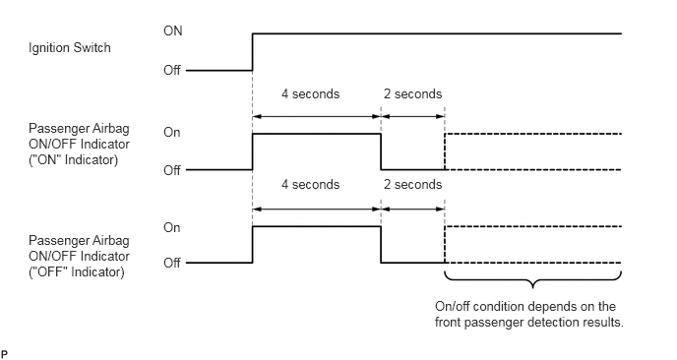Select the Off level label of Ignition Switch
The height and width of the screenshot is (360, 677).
tap(173, 71)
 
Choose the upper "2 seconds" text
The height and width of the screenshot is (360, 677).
tap(412, 95)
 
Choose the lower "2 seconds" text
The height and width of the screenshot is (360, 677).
tap(412, 185)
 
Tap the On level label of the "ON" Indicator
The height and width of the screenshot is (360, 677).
tap(172, 133)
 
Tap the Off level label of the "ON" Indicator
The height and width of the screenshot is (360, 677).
tap(172, 170)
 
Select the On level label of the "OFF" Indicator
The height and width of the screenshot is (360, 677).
tap(172, 227)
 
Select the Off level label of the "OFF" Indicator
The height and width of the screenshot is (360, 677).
tap(172, 263)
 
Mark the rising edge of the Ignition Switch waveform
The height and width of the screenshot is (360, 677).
tap(253, 52)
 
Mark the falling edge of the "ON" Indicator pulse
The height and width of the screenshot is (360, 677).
tap(381, 151)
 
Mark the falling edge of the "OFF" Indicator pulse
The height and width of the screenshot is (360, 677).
tap(381, 245)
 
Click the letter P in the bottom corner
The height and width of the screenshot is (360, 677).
tap(5, 352)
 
